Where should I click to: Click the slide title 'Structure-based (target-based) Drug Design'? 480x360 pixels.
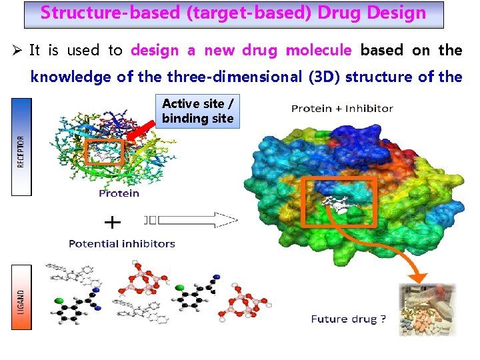(233, 13)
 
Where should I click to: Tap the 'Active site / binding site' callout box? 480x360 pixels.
(198, 111)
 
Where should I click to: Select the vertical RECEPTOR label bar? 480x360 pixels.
(21, 147)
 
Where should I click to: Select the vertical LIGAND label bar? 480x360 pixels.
(21, 296)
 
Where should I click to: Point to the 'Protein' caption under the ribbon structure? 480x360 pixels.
(119, 193)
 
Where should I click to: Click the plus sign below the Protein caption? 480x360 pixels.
(113, 221)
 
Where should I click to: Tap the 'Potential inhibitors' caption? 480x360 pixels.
(122, 244)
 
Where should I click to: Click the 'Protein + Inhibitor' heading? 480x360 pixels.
(342, 108)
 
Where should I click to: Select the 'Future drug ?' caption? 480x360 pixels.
(348, 319)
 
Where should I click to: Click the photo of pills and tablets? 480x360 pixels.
(427, 309)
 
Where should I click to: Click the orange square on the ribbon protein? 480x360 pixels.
(104, 152)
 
